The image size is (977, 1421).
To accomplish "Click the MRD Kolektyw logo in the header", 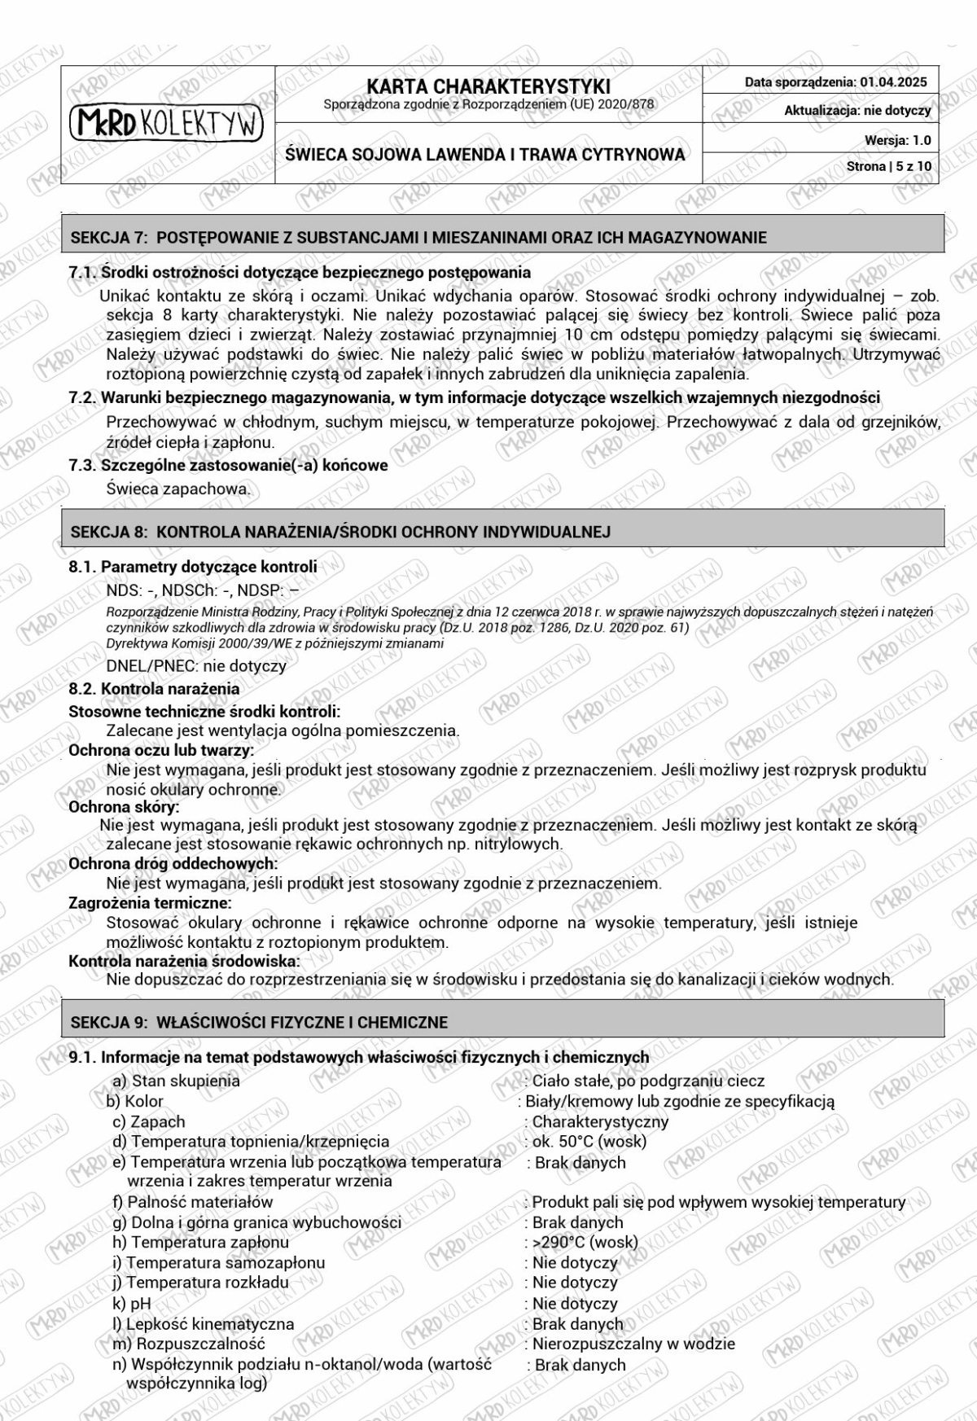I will (167, 124).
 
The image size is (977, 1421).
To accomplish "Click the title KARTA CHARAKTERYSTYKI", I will (488, 86).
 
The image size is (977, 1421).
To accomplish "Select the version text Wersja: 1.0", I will (897, 140).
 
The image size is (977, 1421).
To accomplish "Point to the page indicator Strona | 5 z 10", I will (889, 166).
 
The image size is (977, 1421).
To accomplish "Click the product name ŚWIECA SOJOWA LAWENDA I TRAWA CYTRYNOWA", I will (485, 154).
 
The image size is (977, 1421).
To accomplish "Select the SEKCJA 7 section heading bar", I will (502, 237).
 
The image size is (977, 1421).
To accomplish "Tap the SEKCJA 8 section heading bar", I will (502, 531).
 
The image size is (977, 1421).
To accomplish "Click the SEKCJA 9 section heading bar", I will (502, 1021).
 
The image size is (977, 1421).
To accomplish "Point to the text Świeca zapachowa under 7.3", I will (178, 489).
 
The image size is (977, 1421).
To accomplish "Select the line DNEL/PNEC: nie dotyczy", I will (196, 665).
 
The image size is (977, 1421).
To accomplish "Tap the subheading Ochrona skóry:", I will (124, 807).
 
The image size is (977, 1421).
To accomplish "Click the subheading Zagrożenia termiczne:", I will (150, 902).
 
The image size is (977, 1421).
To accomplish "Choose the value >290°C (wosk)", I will (585, 1242).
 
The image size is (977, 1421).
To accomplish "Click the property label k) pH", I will (132, 1303).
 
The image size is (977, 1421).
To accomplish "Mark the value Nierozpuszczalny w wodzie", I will (633, 1344).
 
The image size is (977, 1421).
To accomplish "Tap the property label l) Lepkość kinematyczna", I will (203, 1323).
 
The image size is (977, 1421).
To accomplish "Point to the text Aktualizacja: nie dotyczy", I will (857, 111).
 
